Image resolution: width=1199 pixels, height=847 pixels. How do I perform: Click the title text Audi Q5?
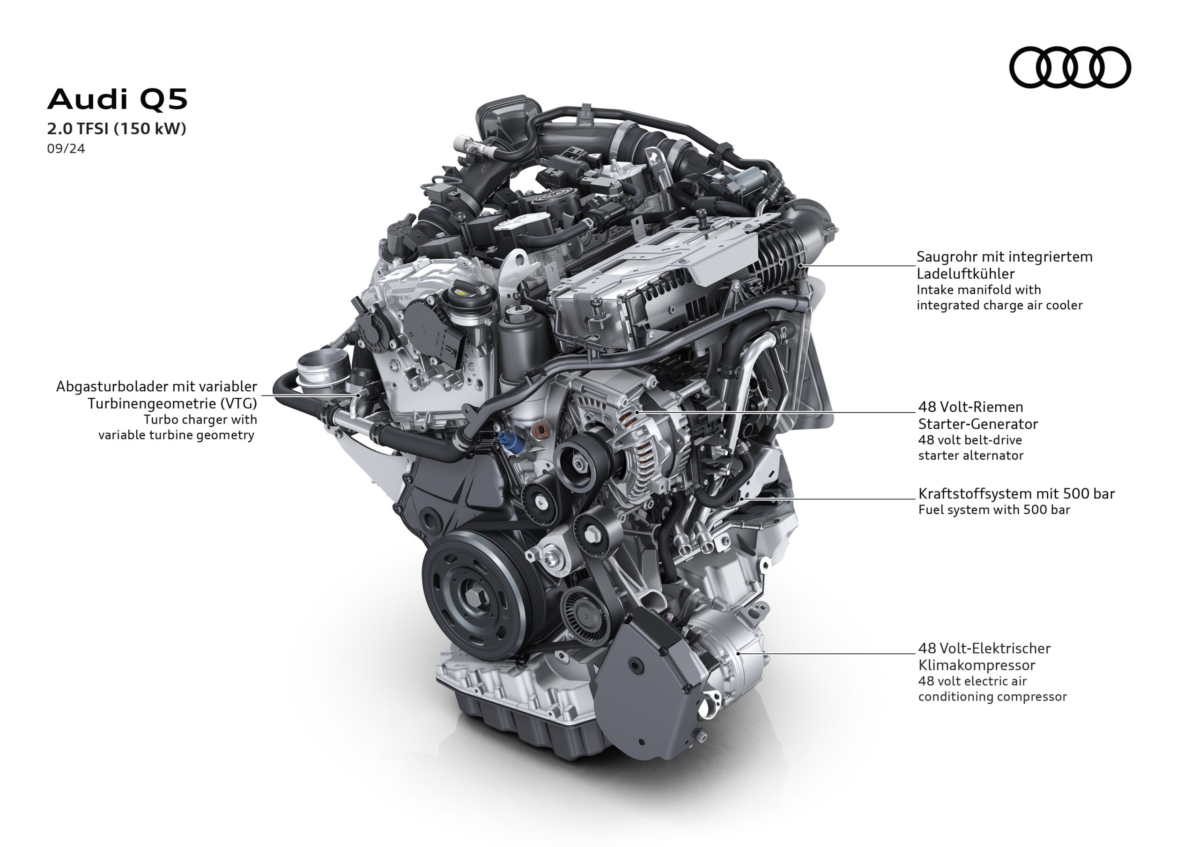(117, 99)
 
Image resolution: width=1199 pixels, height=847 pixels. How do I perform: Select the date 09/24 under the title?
(66, 149)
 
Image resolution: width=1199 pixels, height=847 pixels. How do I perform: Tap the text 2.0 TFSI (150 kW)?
(117, 128)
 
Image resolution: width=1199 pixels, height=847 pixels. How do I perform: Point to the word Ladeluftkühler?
(966, 273)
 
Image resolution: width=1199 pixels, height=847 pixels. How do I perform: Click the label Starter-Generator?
(977, 424)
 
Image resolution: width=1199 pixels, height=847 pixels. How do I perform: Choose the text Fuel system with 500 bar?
(994, 510)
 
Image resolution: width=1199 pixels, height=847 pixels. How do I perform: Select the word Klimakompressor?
(977, 665)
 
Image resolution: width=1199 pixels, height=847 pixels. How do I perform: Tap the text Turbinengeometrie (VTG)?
(172, 403)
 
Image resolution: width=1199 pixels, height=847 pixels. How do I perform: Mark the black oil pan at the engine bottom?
(527, 730)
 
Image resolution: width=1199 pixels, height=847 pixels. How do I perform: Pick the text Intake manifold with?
(978, 290)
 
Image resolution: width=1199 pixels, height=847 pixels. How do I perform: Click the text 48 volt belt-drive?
(970, 440)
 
